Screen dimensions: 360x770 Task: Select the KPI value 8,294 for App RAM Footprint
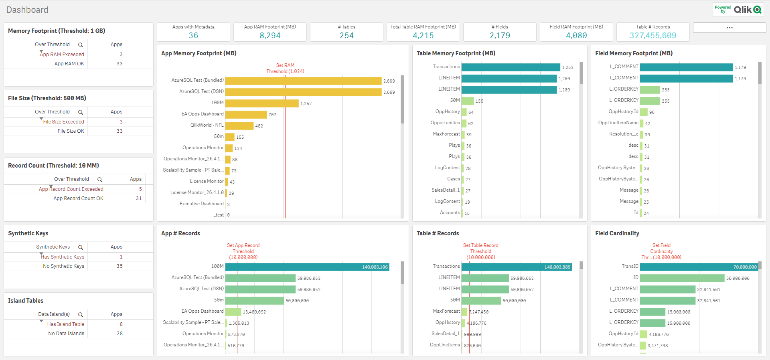(x=270, y=36)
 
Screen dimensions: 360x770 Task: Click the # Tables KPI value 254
(x=346, y=36)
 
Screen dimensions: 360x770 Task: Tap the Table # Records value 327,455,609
(x=652, y=36)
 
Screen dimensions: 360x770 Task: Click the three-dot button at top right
(x=729, y=28)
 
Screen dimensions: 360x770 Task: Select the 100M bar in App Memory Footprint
(x=261, y=103)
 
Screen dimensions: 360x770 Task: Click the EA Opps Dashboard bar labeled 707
(x=246, y=115)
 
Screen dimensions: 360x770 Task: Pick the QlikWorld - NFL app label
(x=207, y=125)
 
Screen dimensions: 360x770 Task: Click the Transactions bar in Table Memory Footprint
(x=510, y=67)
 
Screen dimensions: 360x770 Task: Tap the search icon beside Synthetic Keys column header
(x=81, y=247)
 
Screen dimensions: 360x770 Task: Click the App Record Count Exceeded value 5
(x=140, y=189)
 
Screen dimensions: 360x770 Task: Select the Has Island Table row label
(x=65, y=324)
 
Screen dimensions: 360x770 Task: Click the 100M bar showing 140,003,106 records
(x=307, y=267)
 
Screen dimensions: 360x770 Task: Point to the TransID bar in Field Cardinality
(x=698, y=267)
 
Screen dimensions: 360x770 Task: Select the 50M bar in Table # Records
(x=481, y=301)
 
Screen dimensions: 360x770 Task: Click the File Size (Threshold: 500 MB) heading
(x=47, y=98)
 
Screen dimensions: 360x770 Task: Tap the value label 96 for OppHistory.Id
(x=652, y=112)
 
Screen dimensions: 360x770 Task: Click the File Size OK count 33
(x=120, y=131)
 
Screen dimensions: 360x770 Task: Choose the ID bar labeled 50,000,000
(x=682, y=278)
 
